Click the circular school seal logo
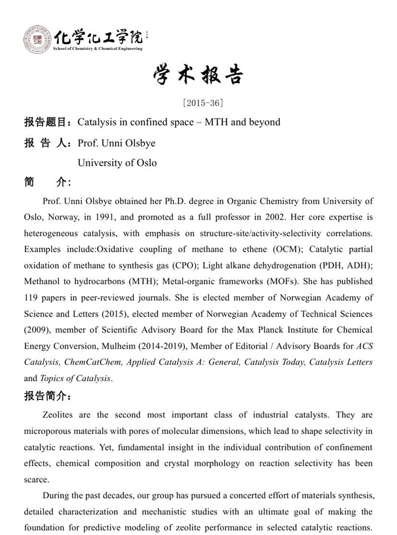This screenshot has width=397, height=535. (x=37, y=40)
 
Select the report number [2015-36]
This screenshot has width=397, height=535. (x=202, y=103)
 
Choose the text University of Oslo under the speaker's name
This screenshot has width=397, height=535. (x=117, y=163)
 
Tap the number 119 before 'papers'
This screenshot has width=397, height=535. (x=32, y=297)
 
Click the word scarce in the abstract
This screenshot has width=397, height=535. (x=36, y=479)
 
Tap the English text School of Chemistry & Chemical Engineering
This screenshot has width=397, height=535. (x=98, y=49)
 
